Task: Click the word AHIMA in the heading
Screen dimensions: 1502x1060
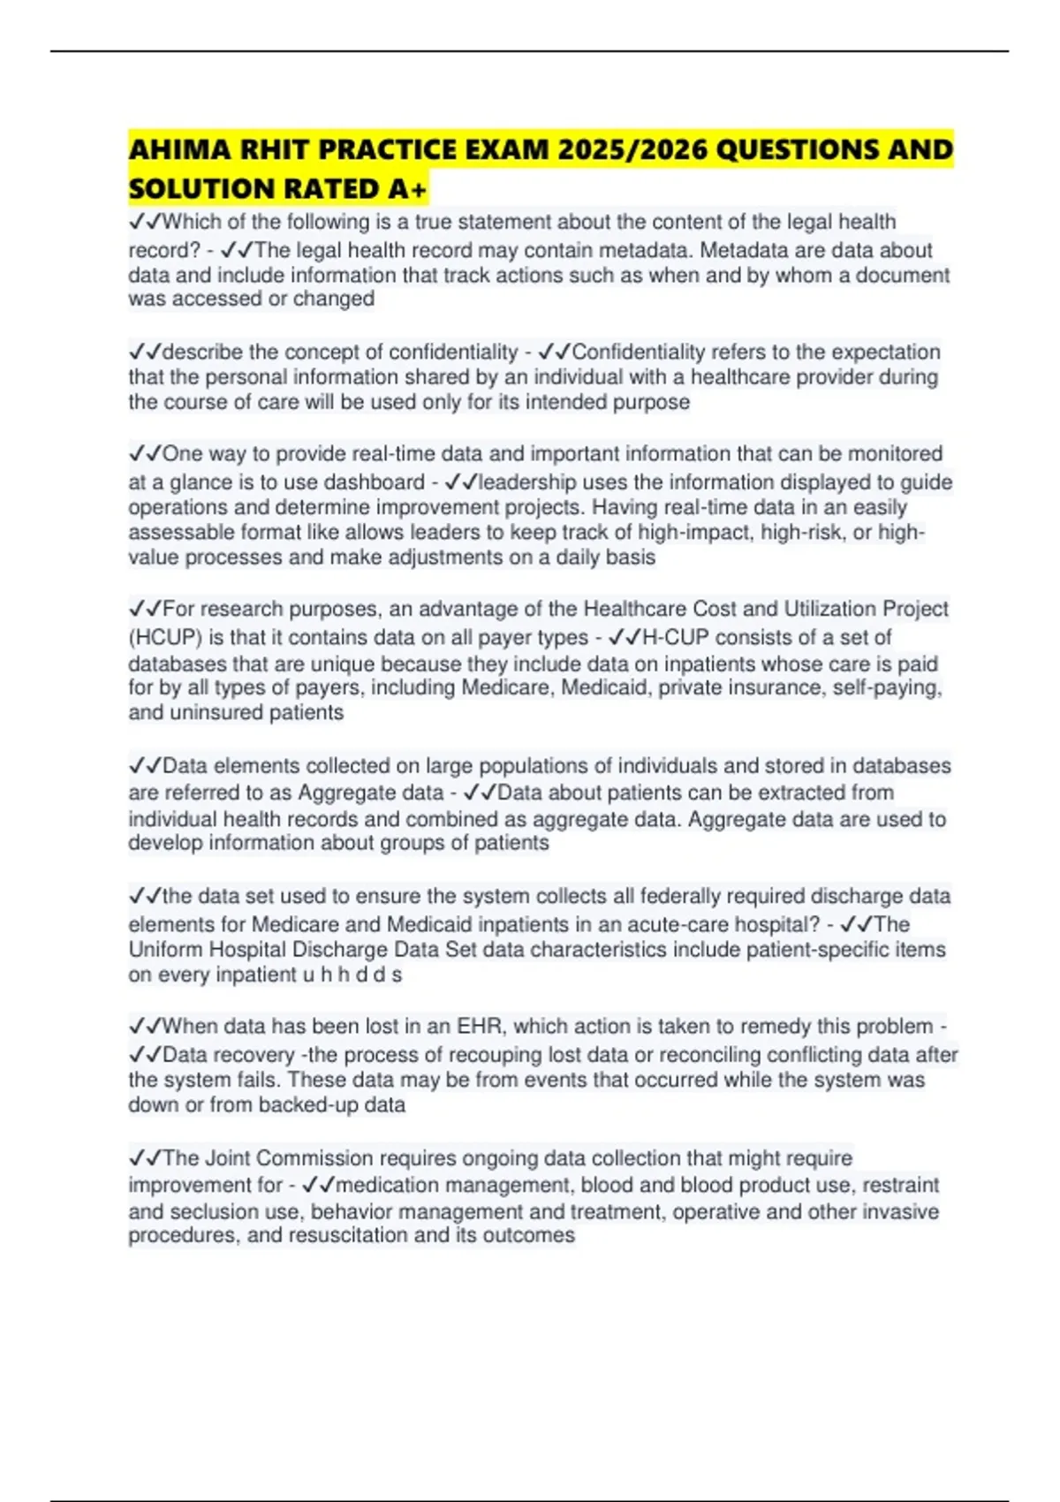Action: [x=172, y=150]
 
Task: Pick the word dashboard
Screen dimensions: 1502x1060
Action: [x=375, y=482]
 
